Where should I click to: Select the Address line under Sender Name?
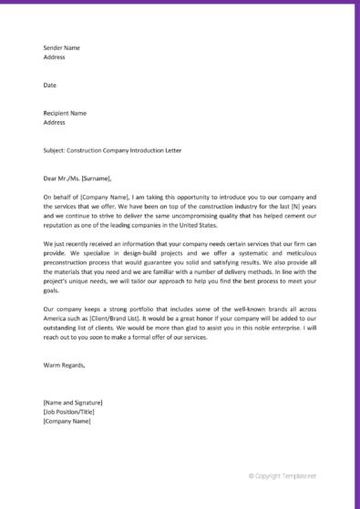pyautogui.click(x=55, y=56)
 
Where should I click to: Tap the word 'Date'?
pyautogui.click(x=50, y=85)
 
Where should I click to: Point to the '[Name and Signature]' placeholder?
pyautogui.click(x=73, y=402)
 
